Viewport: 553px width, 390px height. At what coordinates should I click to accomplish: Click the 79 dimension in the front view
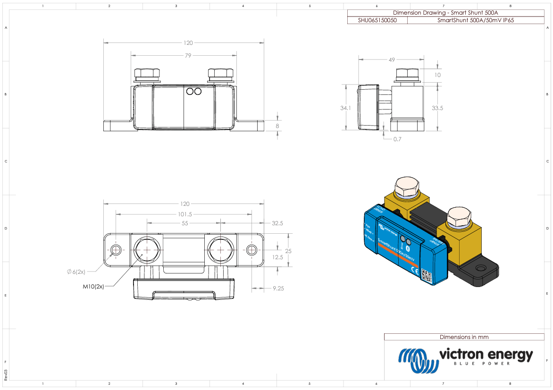tap(188, 56)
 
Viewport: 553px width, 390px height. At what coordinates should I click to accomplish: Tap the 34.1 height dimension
tap(345, 108)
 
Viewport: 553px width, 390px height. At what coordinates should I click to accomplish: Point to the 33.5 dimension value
tap(437, 108)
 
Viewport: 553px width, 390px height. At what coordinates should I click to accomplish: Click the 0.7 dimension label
tap(397, 139)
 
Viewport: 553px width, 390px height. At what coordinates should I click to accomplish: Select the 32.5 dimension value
tap(277, 223)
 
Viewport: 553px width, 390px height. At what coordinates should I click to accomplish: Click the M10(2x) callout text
tap(93, 287)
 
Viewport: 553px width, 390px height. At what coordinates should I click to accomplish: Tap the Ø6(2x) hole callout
tap(75, 271)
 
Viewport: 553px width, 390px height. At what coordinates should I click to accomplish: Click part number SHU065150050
tap(377, 21)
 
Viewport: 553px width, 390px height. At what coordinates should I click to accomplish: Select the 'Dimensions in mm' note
tap(464, 337)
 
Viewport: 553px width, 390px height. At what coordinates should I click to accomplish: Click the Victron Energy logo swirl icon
tap(417, 361)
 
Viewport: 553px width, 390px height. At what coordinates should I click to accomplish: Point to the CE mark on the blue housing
tap(415, 271)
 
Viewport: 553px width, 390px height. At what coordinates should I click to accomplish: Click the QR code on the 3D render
tap(427, 275)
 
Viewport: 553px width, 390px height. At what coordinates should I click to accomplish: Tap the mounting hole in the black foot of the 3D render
tap(481, 269)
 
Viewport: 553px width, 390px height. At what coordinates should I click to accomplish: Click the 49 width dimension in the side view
tap(391, 60)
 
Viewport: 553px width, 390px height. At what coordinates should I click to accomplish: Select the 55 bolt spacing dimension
tap(184, 223)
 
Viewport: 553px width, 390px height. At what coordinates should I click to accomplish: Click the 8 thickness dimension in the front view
tap(277, 126)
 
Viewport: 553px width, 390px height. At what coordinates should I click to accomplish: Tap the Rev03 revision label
tap(6, 375)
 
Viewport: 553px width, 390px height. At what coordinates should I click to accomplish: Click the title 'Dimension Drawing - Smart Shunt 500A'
tap(445, 13)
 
